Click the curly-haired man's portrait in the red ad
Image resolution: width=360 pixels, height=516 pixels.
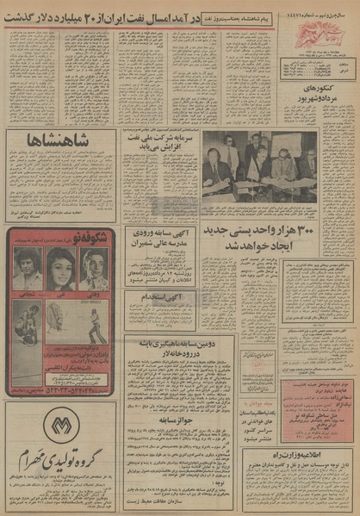[28, 269]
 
